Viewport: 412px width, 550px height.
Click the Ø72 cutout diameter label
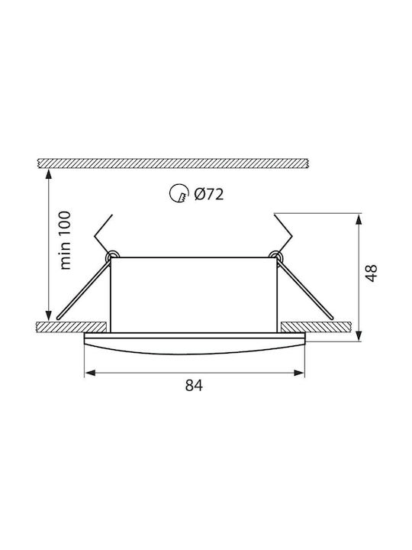[x=209, y=194]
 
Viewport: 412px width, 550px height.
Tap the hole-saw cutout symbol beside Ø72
[x=178, y=193]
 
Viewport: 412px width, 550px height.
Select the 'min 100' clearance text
[x=65, y=241]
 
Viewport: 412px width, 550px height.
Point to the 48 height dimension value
[x=371, y=273]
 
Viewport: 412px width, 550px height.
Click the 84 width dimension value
[x=194, y=386]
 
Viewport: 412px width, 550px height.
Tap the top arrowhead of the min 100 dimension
[x=49, y=174]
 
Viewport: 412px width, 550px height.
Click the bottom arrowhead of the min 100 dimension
[x=49, y=315]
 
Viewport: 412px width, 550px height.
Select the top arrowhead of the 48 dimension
[x=359, y=219]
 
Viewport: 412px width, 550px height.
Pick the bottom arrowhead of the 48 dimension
[x=359, y=335]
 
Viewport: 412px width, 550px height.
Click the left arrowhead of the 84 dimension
[x=90, y=373]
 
